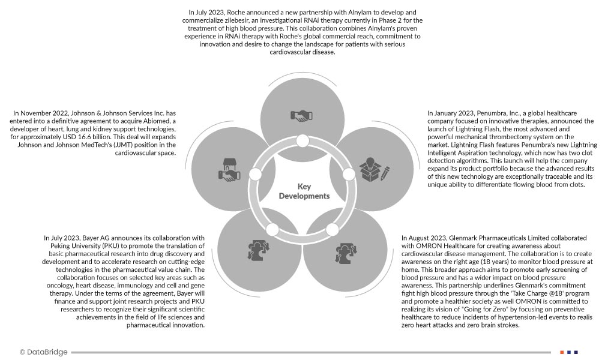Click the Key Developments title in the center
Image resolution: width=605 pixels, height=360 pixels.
tap(304, 191)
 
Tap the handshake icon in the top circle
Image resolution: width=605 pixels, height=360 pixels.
tap(302, 116)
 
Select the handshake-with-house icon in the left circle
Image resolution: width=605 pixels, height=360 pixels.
tap(229, 170)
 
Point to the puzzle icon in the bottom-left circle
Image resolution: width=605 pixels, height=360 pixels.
tap(254, 250)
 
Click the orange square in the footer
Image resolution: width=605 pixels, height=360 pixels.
tap(562, 352)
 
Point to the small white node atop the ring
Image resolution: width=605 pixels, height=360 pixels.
tap(302, 141)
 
